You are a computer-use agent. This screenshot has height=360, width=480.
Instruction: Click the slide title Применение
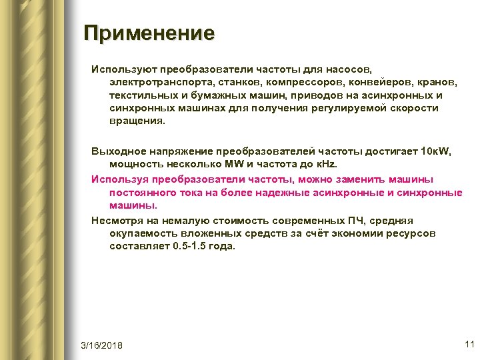[149, 33]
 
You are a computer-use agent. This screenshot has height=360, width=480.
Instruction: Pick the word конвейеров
[388, 83]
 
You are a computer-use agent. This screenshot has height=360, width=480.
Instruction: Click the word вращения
[136, 121]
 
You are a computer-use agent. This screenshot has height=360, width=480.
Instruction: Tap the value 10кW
[437, 153]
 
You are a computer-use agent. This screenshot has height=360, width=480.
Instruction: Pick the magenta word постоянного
[143, 193]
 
